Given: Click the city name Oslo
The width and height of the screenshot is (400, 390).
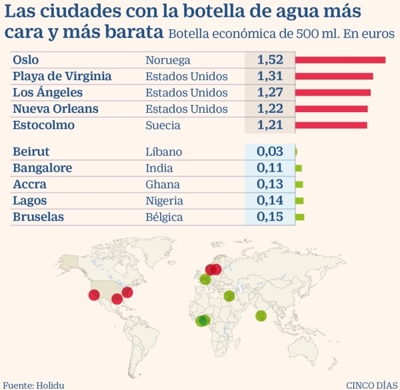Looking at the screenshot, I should point(25,60).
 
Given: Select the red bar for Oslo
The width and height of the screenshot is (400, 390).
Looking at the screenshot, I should point(340,60).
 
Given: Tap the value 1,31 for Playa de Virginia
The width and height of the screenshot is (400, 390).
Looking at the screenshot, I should point(270,76).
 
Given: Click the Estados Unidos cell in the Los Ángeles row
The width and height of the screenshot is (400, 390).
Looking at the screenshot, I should point(187,92).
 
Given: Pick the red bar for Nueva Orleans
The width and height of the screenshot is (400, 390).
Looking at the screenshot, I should point(331,109).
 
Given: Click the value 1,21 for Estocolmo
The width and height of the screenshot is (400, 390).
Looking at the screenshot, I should point(270,125).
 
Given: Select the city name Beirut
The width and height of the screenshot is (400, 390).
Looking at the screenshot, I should point(31,152).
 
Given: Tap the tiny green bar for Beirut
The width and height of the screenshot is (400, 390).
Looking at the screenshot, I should point(296,152).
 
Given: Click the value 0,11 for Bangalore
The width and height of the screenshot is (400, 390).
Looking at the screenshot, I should point(270,168).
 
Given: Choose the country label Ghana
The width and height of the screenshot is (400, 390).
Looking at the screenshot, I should point(163,184).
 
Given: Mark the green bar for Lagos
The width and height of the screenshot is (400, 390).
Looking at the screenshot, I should point(299,200).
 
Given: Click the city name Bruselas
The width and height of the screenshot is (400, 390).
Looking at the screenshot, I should point(39,216).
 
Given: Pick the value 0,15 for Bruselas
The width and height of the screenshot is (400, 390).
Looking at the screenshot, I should point(270,216).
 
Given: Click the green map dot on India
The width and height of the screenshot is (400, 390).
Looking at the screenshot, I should point(261,316).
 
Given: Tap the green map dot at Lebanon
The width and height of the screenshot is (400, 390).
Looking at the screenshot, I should point(229,296).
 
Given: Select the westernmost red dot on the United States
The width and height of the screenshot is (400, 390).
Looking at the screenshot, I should point(94,295).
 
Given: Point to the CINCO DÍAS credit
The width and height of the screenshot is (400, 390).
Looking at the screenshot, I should point(371,384).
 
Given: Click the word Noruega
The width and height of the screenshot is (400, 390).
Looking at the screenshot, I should point(168,60).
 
